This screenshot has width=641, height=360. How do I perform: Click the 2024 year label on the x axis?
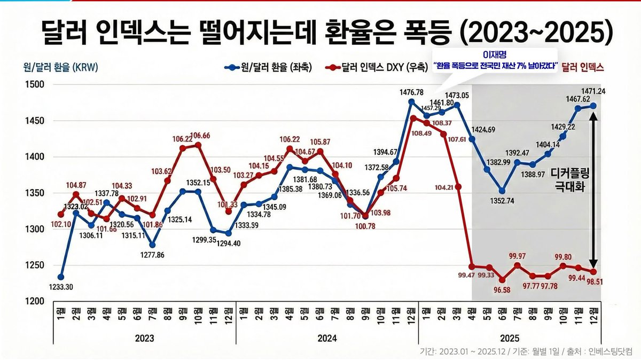(x=326, y=339)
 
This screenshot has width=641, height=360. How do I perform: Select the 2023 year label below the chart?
(x=144, y=339)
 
